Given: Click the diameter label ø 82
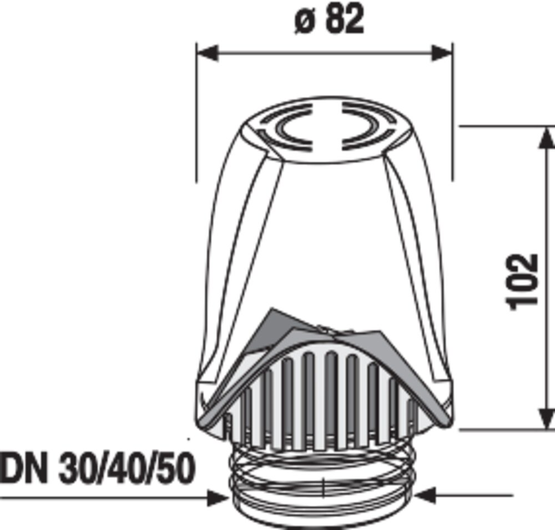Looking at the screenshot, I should pos(329,20).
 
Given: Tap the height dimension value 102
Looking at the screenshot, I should pos(522,280).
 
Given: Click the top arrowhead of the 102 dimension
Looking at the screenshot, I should pos(546,136).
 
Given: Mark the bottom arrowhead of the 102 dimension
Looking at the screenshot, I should pos(546,419).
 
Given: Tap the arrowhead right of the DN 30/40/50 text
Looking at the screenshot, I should pos(218,498).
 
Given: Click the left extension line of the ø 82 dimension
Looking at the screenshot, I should pos(196,111).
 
